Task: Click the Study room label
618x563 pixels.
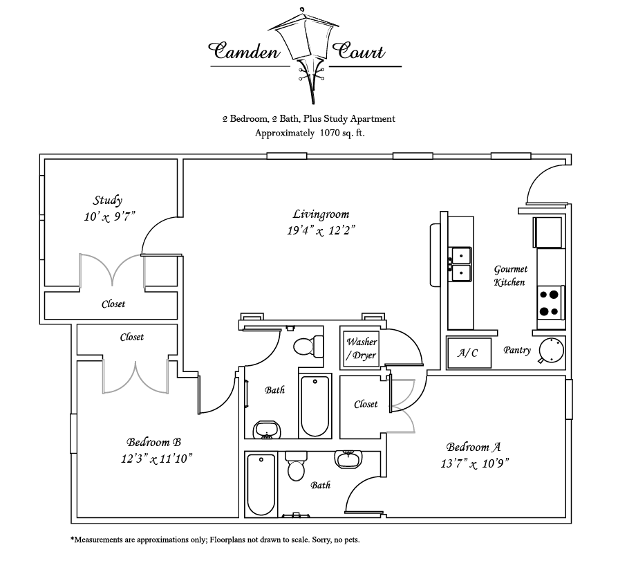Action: (108, 201)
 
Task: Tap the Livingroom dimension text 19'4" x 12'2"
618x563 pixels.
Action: (321, 230)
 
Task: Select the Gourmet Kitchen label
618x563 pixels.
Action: (510, 275)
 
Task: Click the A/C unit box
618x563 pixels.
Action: (468, 352)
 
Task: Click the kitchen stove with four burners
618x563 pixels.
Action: (550, 302)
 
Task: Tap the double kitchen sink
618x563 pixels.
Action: (460, 264)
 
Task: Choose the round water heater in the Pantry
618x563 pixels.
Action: (551, 349)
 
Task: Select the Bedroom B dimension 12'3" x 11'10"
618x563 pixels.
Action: (154, 458)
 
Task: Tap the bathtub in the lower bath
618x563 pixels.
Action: (261, 484)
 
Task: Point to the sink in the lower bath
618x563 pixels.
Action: (348, 459)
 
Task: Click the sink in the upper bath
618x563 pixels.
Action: (267, 430)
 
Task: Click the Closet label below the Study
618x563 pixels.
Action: (113, 304)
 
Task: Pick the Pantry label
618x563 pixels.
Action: (517, 350)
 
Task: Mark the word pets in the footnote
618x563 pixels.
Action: (350, 539)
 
